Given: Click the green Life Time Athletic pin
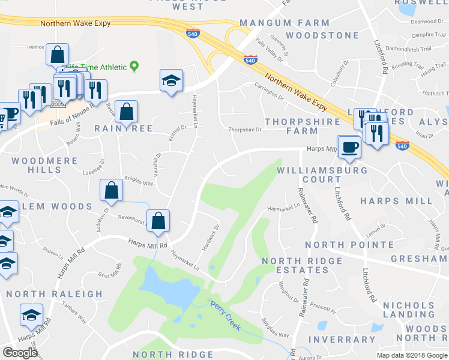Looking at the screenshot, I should [134, 67].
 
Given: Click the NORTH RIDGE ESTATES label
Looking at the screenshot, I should [297, 265].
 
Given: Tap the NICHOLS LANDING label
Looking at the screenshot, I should [409, 310].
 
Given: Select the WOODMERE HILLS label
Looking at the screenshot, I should [45, 166].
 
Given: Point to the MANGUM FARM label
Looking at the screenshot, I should [285, 23].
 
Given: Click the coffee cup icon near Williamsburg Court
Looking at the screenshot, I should [349, 147].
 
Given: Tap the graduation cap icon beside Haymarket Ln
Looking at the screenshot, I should [171, 80].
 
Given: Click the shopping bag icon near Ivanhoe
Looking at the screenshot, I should [57, 55].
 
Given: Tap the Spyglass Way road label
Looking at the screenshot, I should [275, 329].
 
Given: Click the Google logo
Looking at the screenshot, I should [20, 352].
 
